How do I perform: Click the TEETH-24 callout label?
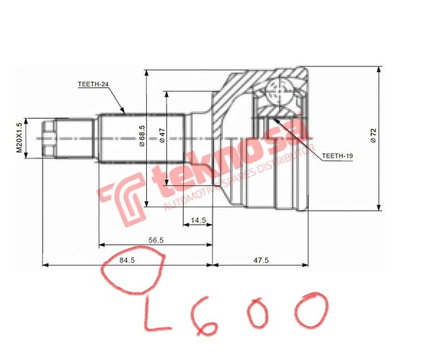[93, 84]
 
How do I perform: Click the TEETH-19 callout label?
[337, 156]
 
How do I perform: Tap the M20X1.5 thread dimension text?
[19, 138]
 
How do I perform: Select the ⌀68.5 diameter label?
[142, 136]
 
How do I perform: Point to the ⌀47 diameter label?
[162, 135]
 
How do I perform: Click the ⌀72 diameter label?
[373, 135]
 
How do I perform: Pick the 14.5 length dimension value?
[198, 220]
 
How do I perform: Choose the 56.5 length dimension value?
[156, 240]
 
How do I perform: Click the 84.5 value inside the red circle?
[127, 261]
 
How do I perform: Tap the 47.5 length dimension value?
[261, 260]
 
